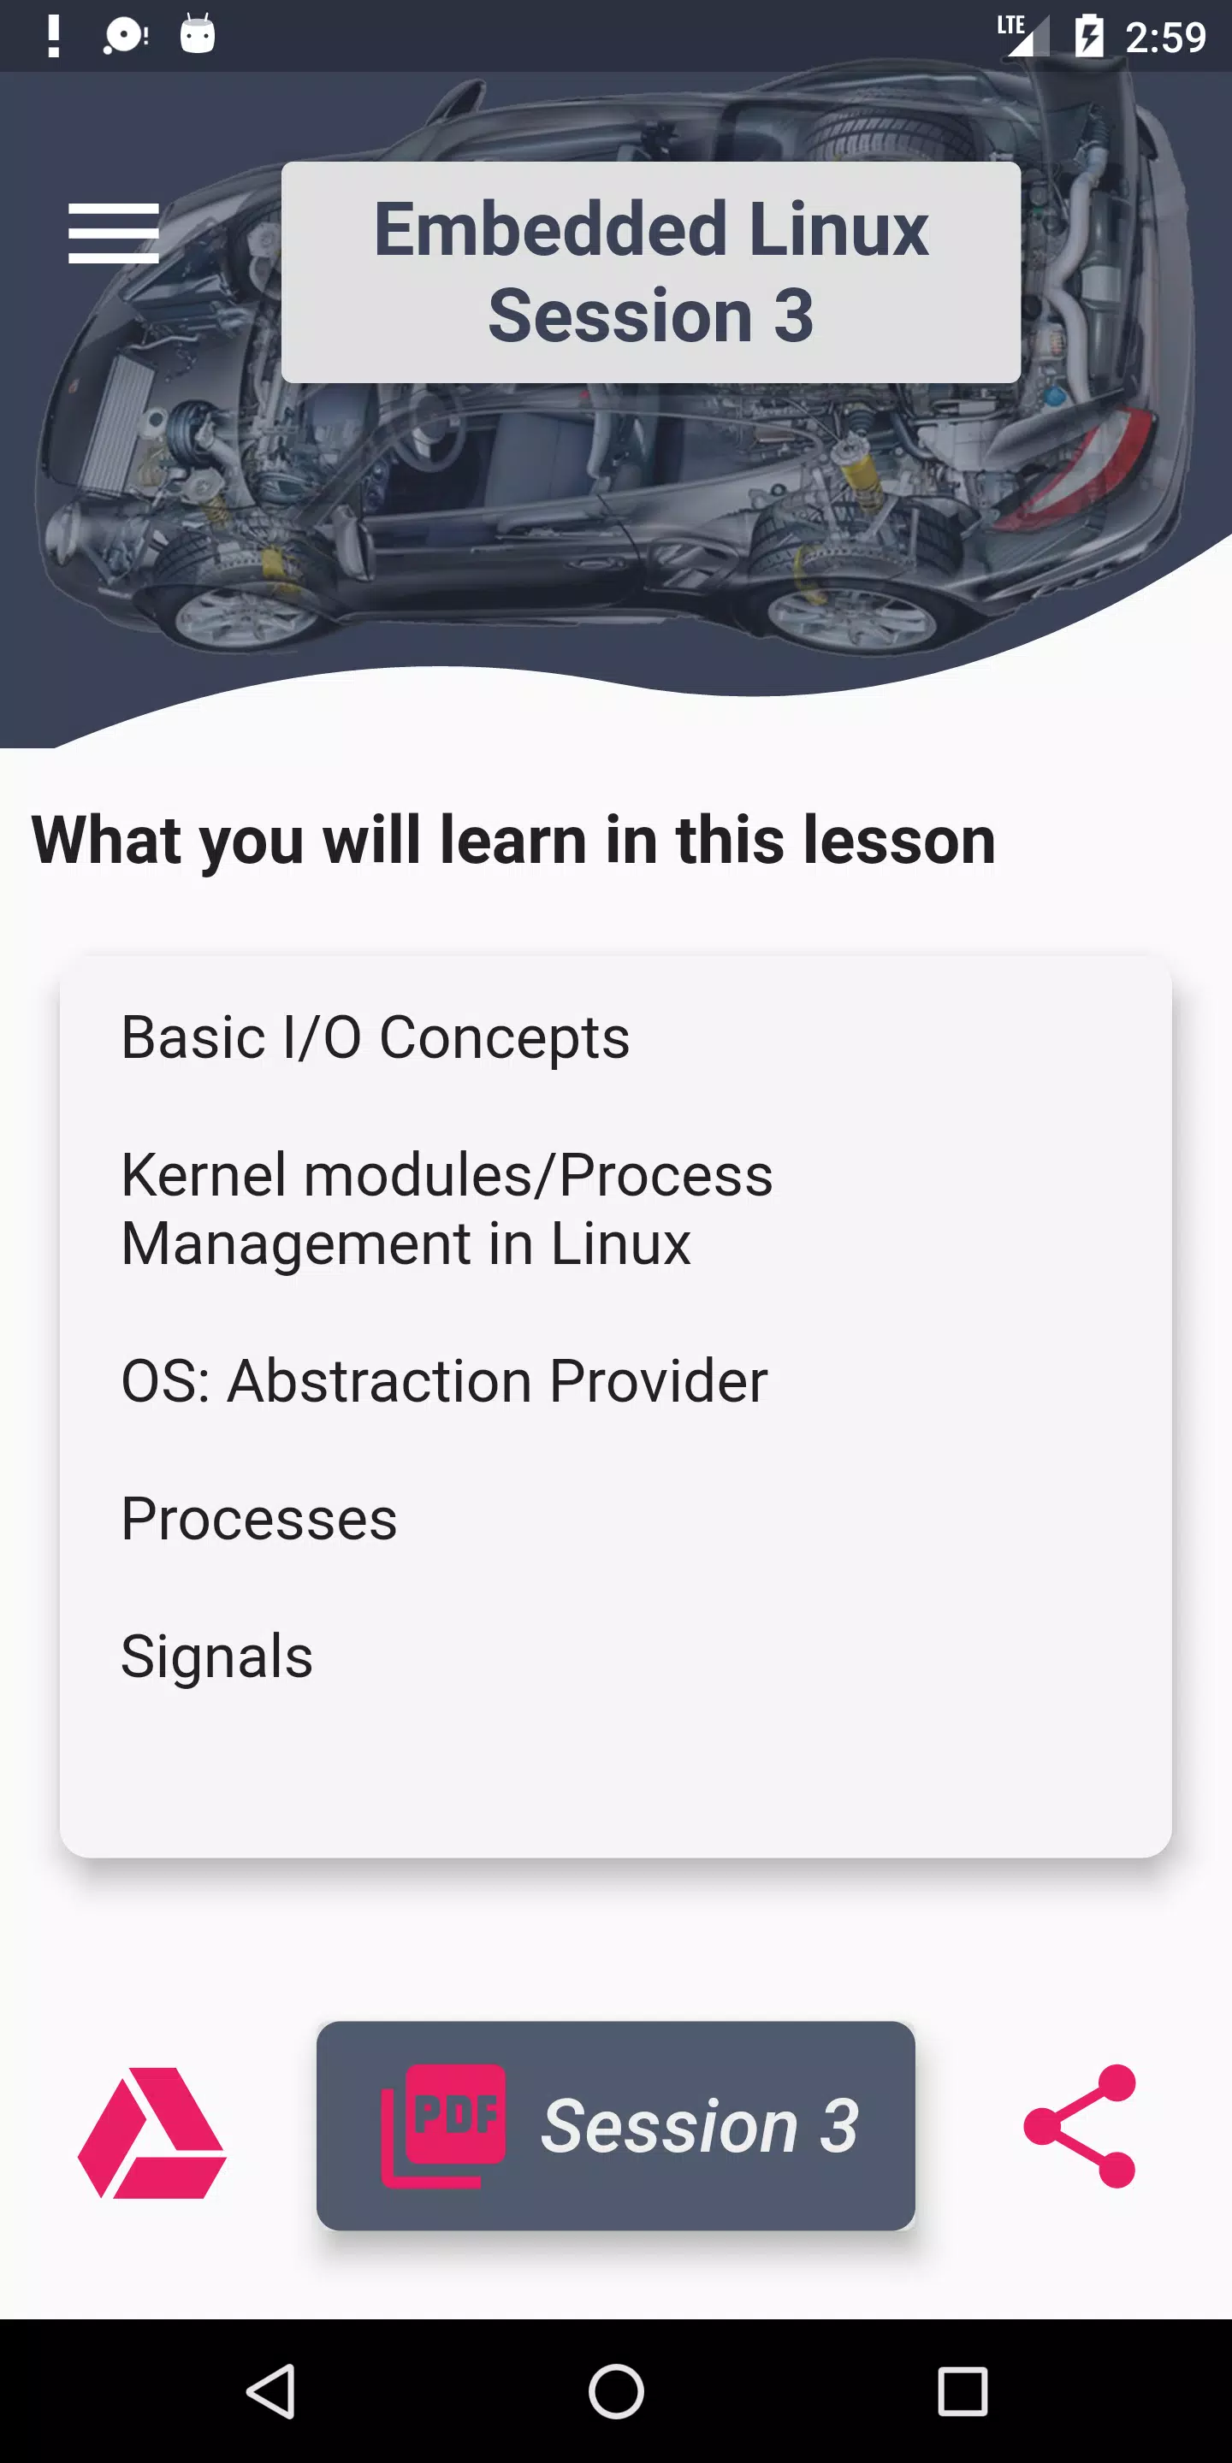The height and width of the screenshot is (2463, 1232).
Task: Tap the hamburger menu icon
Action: coord(113,233)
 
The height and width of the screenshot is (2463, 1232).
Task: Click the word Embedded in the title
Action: coord(550,229)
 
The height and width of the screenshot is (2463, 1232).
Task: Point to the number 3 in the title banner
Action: coord(793,316)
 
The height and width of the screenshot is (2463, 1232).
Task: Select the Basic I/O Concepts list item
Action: coord(375,1037)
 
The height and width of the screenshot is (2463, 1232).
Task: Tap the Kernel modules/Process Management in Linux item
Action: coord(447,1208)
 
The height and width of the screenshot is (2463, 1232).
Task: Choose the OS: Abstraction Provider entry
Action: coord(444,1380)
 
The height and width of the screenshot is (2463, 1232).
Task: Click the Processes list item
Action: coord(258,1518)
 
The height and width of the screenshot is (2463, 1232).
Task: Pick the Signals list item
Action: coord(217,1656)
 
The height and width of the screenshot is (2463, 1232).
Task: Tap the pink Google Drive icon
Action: coord(152,2132)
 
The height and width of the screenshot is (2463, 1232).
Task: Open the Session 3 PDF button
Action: coord(616,2125)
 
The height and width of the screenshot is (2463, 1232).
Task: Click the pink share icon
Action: coord(1080,2125)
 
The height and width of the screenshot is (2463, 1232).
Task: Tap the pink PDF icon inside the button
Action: coord(443,2125)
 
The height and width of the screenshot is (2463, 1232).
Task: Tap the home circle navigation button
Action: coord(616,2391)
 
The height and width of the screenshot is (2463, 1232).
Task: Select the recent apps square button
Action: coord(962,2391)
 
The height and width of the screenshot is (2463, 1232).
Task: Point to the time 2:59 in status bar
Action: coord(1165,38)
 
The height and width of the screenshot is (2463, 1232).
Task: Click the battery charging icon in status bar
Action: coord(1088,36)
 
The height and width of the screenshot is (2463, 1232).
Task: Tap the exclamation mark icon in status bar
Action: coord(54,36)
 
